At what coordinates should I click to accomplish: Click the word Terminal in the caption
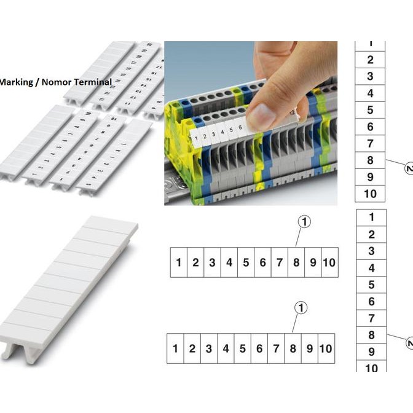(92, 82)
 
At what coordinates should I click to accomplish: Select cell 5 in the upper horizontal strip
(245, 262)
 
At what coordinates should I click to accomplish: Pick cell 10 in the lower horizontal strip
(326, 349)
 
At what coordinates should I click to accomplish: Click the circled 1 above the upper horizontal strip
(304, 222)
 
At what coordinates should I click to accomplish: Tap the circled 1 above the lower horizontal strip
(300, 308)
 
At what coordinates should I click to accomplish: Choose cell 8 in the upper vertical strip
(370, 160)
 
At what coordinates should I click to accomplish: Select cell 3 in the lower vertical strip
(371, 251)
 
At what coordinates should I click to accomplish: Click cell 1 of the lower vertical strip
(371, 217)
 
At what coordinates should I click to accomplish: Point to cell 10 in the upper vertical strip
(370, 194)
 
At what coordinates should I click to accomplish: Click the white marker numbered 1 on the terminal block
(195, 136)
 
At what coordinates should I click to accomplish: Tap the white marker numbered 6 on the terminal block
(239, 129)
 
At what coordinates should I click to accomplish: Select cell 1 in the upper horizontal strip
(178, 262)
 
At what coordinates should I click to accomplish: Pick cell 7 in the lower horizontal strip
(276, 349)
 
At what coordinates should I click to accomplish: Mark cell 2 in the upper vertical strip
(370, 60)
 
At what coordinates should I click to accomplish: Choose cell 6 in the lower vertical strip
(371, 301)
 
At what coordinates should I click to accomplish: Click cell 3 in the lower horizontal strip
(209, 349)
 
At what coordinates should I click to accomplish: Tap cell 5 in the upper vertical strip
(370, 110)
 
